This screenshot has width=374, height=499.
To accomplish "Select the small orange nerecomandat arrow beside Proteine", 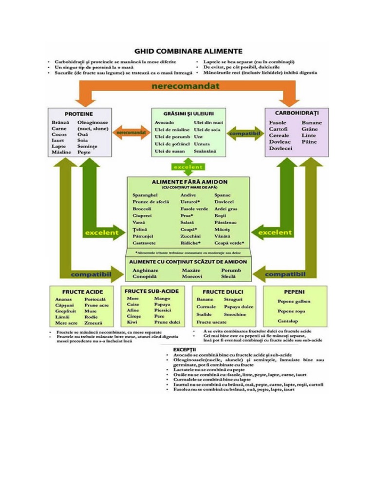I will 131,133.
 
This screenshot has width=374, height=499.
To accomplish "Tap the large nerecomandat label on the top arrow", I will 185,86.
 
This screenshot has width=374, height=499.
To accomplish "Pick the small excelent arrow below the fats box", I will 187,167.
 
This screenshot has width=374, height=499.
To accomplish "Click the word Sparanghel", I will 146,195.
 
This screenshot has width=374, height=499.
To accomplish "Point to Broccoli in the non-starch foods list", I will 142,209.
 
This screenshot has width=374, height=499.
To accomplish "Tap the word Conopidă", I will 144,276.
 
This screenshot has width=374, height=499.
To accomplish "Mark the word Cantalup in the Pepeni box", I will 288,321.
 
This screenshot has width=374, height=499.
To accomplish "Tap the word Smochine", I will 235,315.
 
